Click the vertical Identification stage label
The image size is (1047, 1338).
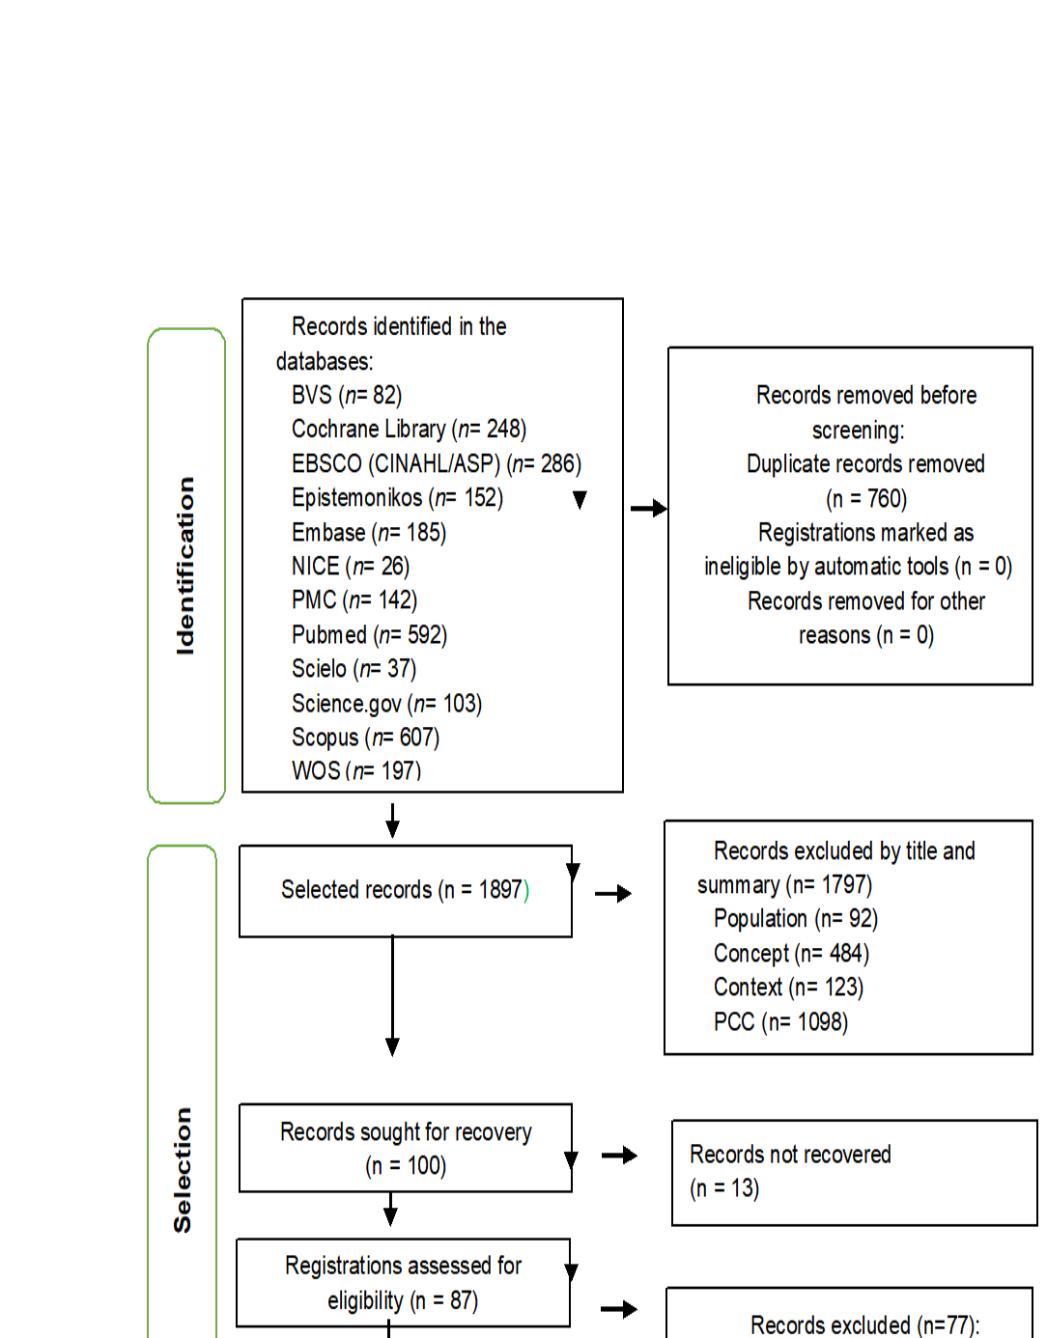pos(185,566)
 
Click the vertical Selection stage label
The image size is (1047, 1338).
pos(183,1169)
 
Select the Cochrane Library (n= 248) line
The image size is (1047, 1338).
pos(409,429)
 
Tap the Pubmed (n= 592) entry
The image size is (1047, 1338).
pos(369,635)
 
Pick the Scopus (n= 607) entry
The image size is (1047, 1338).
pos(365,738)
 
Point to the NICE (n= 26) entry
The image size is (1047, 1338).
pos(351,567)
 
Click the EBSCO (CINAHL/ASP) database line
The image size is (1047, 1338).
pos(436,463)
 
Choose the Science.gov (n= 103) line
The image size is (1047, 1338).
pos(386,704)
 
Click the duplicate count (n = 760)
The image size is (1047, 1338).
pos(865,498)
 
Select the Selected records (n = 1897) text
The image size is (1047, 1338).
pos(405,889)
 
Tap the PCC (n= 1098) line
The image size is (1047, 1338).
pos(780,1021)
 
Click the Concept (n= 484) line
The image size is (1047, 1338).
pos(791,954)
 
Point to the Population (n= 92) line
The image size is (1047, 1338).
pos(795,918)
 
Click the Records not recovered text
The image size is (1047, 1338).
pos(790,1155)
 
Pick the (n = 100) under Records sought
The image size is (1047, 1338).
pos(406,1166)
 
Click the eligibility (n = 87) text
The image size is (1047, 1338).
pos(403,1300)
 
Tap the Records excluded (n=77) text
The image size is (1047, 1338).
pos(864,1324)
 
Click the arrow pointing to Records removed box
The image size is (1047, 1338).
pos(648,508)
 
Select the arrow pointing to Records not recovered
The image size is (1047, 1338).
pos(619,1155)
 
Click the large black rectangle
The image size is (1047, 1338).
pos(867,79)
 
